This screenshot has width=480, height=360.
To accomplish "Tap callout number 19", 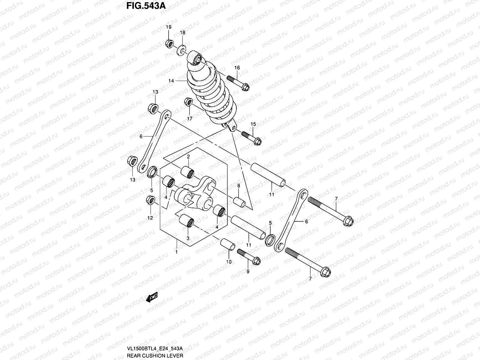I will click(x=169, y=27).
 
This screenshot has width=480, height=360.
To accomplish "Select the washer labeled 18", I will click(x=182, y=49).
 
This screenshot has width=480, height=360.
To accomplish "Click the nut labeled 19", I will click(x=169, y=44).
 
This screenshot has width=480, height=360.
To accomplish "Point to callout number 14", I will click(x=171, y=81).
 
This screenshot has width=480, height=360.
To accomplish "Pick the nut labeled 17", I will click(x=188, y=102).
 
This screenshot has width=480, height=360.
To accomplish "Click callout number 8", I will click(x=239, y=186).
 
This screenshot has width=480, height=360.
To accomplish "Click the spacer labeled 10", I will click(x=228, y=244).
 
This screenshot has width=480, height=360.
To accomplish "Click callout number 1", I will click(x=176, y=252).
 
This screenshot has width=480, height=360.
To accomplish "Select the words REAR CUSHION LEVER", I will click(x=155, y=355).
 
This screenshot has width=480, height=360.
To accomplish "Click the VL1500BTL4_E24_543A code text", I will click(x=155, y=348).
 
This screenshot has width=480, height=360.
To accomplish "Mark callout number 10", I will click(x=229, y=262).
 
